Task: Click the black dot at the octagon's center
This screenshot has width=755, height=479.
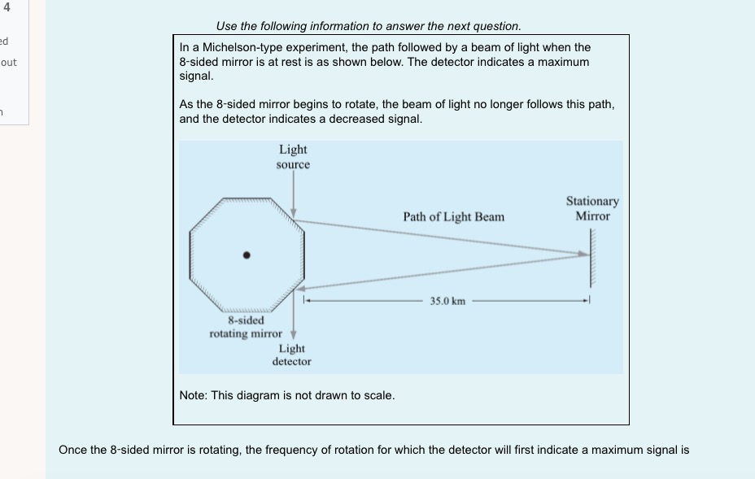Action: click(247, 255)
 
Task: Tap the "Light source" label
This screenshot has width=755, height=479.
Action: click(293, 156)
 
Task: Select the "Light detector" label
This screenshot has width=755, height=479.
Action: click(291, 355)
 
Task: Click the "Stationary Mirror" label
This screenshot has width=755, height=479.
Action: click(592, 208)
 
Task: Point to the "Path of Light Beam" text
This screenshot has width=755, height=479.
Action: click(453, 217)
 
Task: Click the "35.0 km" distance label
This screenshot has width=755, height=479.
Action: click(447, 301)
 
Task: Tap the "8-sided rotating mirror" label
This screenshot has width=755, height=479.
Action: click(245, 327)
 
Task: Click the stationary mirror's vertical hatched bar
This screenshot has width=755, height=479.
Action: click(593, 255)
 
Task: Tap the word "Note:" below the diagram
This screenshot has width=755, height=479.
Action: click(193, 395)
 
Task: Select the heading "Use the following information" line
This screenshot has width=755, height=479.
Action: click(369, 26)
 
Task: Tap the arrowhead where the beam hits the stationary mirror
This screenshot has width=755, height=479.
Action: click(583, 255)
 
